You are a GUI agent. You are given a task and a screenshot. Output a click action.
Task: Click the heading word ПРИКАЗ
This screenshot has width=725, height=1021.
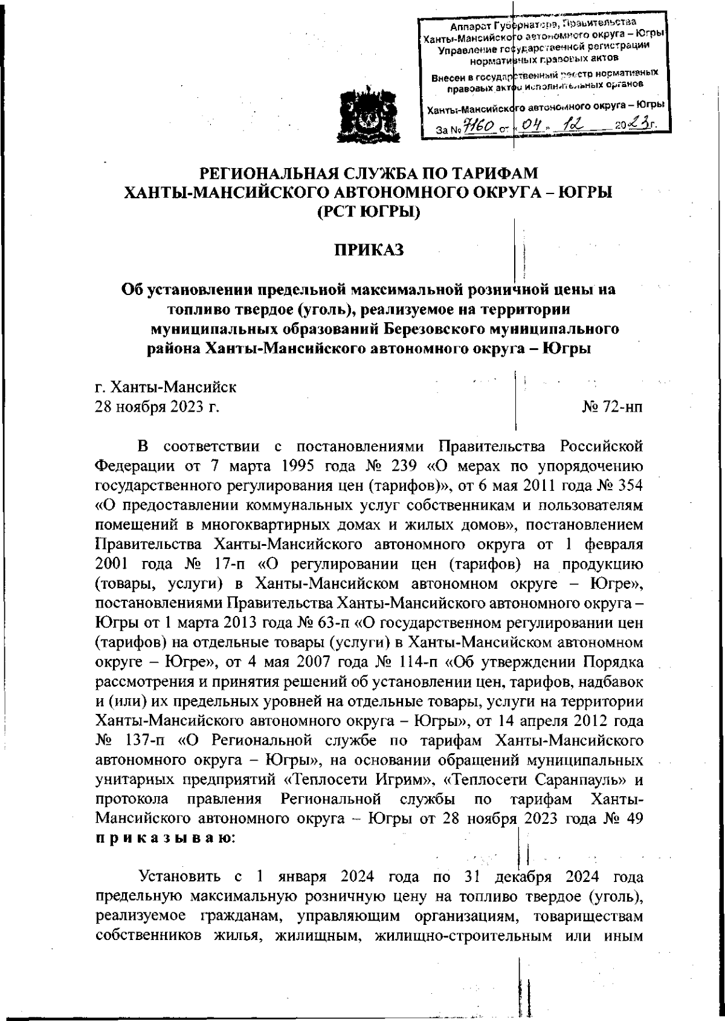tap(369, 250)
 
